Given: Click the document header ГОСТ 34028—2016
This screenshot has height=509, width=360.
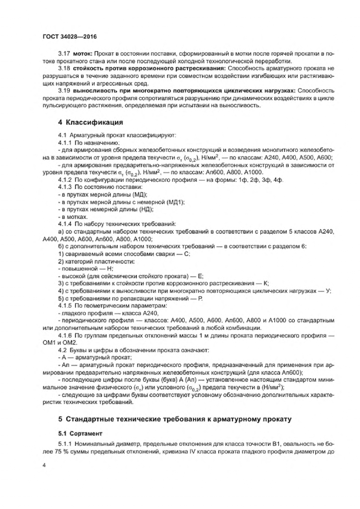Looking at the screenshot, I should pos(69,37).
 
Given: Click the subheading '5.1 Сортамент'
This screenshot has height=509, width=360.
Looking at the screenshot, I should pos(80,433).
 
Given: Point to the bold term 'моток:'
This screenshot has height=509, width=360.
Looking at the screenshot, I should pos(83,53).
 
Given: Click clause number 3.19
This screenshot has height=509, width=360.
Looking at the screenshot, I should pos(64,91).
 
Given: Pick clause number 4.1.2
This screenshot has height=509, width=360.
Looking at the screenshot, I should pos(65,180).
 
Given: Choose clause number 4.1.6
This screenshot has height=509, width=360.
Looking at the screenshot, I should pos(65,336).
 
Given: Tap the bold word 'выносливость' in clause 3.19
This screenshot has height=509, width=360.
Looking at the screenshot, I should pos(90,91).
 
